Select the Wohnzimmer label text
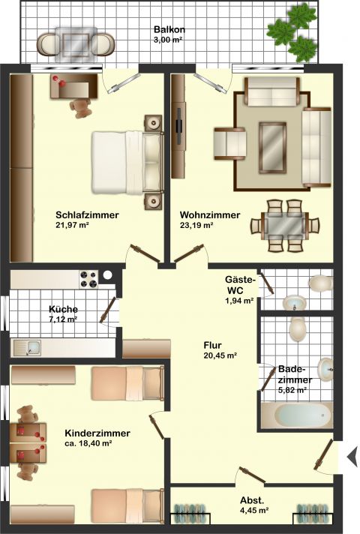tap(210, 215)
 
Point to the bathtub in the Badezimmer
tap(298, 415)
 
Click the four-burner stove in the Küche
tap(88, 279)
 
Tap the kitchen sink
tap(27, 348)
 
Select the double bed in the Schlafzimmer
tap(127, 163)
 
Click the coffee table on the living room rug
tap(272, 148)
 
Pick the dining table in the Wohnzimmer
tap(285, 226)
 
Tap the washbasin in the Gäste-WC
tap(294, 302)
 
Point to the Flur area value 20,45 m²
tap(220, 355)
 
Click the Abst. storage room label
tap(252, 501)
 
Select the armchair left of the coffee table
tap(230, 144)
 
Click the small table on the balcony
tap(76, 44)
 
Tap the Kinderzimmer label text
tap(97, 433)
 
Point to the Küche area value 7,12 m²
tap(63, 319)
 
